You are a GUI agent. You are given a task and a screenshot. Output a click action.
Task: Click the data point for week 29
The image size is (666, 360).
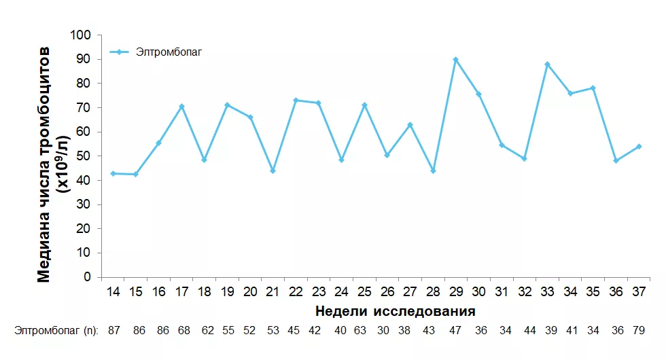(x=455, y=60)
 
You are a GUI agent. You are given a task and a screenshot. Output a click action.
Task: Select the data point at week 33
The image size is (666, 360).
(x=547, y=65)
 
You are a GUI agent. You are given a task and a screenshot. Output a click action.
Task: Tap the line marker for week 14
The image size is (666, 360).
(x=113, y=174)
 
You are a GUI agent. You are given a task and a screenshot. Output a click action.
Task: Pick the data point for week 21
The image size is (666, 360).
(x=273, y=170)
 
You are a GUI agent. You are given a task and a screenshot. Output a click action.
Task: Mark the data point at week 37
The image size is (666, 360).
(x=639, y=147)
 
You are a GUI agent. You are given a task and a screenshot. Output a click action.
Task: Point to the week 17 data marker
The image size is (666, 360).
(x=181, y=107)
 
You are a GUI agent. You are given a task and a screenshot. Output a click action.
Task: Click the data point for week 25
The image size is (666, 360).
(x=364, y=105)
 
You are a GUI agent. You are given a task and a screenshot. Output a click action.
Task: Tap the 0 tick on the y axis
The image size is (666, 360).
(x=87, y=277)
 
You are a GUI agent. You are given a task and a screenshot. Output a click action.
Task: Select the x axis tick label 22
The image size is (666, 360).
(x=296, y=292)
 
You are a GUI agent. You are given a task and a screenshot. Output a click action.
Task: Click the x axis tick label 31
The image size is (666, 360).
(x=501, y=292)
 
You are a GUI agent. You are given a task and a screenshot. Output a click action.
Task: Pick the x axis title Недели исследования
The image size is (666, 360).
(x=395, y=312)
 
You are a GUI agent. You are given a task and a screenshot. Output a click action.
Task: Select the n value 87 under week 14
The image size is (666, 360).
(x=113, y=331)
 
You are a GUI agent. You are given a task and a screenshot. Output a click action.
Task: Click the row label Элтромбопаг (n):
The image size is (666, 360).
(x=56, y=331)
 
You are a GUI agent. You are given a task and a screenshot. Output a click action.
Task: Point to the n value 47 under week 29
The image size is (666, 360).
(x=455, y=331)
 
